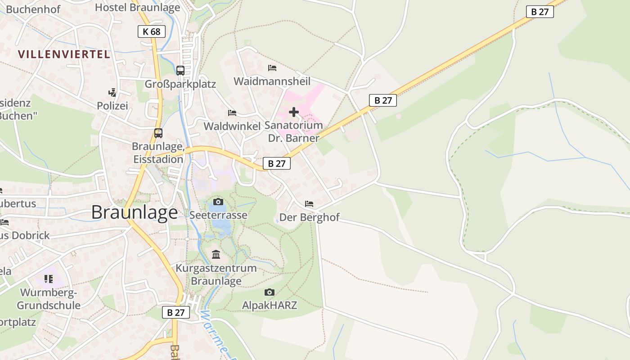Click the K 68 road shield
(152, 31)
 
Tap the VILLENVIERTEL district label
(64, 54)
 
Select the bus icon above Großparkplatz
(180, 70)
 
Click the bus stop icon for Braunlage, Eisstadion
(158, 133)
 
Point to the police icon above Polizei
(112, 93)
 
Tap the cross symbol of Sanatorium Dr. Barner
(294, 112)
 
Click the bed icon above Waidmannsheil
(272, 68)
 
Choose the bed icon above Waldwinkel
(232, 112)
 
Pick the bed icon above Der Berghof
(309, 204)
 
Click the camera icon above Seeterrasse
(218, 202)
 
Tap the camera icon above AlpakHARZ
(270, 292)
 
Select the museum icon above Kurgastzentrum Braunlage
(216, 255)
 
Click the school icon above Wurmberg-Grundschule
(49, 279)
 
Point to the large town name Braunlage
(135, 212)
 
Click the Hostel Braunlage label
(138, 7)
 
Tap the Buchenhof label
(33, 9)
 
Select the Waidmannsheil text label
(272, 81)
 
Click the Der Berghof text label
(309, 218)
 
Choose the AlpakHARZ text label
(270, 305)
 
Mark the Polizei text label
(112, 106)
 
